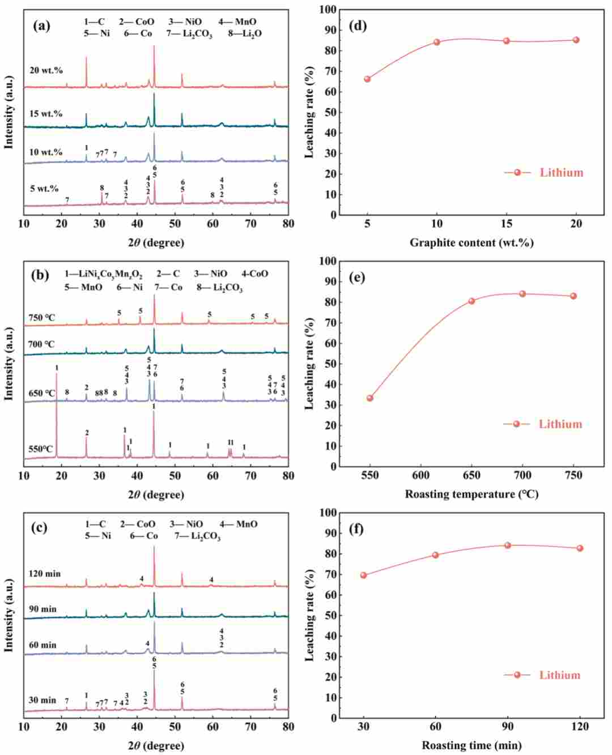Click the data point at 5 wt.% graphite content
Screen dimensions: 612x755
(367, 79)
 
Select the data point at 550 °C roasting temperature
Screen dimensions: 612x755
(370, 398)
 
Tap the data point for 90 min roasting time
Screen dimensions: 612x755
(508, 545)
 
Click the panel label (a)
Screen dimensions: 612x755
(41, 26)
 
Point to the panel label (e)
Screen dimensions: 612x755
(356, 278)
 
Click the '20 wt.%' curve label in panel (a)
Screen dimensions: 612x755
(46, 70)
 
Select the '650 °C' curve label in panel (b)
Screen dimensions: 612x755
(41, 394)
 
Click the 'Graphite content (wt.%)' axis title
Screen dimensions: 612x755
(471, 243)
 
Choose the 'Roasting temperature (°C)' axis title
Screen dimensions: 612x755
(471, 494)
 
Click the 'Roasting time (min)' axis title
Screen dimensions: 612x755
(471, 745)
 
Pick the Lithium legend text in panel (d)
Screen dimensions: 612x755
(562, 173)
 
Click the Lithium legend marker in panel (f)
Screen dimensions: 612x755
(517, 675)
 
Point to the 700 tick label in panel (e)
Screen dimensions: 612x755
(522, 475)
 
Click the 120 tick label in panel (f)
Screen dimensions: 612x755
(580, 727)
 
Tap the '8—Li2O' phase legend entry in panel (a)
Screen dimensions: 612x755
(245, 33)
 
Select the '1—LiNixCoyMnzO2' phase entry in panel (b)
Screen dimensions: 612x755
(104, 275)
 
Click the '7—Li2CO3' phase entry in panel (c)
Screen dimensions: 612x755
(198, 536)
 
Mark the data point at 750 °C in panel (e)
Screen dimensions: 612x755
(573, 296)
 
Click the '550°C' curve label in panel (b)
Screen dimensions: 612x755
(40, 450)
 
